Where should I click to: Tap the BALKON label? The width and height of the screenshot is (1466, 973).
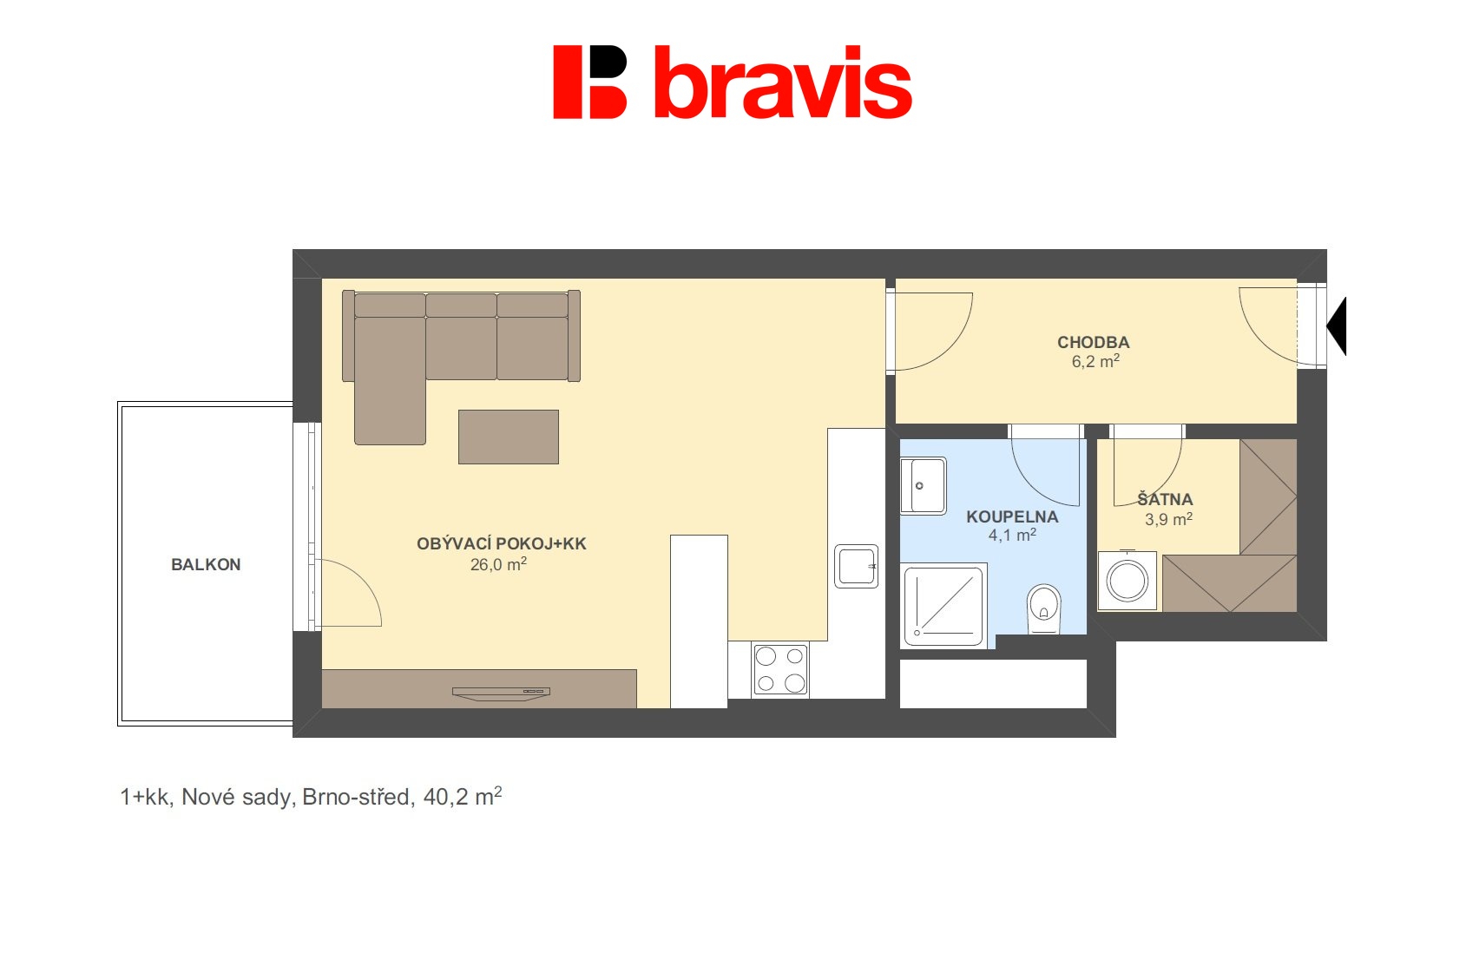(206, 565)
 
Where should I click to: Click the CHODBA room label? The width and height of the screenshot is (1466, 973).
(1093, 342)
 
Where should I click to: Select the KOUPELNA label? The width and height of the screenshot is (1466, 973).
(1012, 516)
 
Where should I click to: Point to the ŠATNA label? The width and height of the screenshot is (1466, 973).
(1165, 498)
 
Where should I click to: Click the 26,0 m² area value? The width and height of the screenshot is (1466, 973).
(498, 563)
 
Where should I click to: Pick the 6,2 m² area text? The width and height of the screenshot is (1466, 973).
(1095, 360)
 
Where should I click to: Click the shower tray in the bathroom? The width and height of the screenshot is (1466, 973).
(943, 606)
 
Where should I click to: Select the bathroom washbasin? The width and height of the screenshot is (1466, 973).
(923, 485)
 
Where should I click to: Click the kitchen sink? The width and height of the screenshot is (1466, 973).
(856, 566)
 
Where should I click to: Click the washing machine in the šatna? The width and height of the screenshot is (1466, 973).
(1127, 581)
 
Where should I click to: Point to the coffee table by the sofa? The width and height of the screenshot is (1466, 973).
(509, 437)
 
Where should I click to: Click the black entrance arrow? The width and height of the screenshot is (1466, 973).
(1337, 325)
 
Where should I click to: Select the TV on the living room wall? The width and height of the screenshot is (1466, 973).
(502, 694)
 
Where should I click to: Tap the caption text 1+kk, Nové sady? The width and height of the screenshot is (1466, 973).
(209, 797)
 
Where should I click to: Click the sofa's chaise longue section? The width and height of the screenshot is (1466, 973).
(390, 380)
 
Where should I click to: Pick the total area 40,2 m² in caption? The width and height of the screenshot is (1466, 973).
(462, 796)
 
